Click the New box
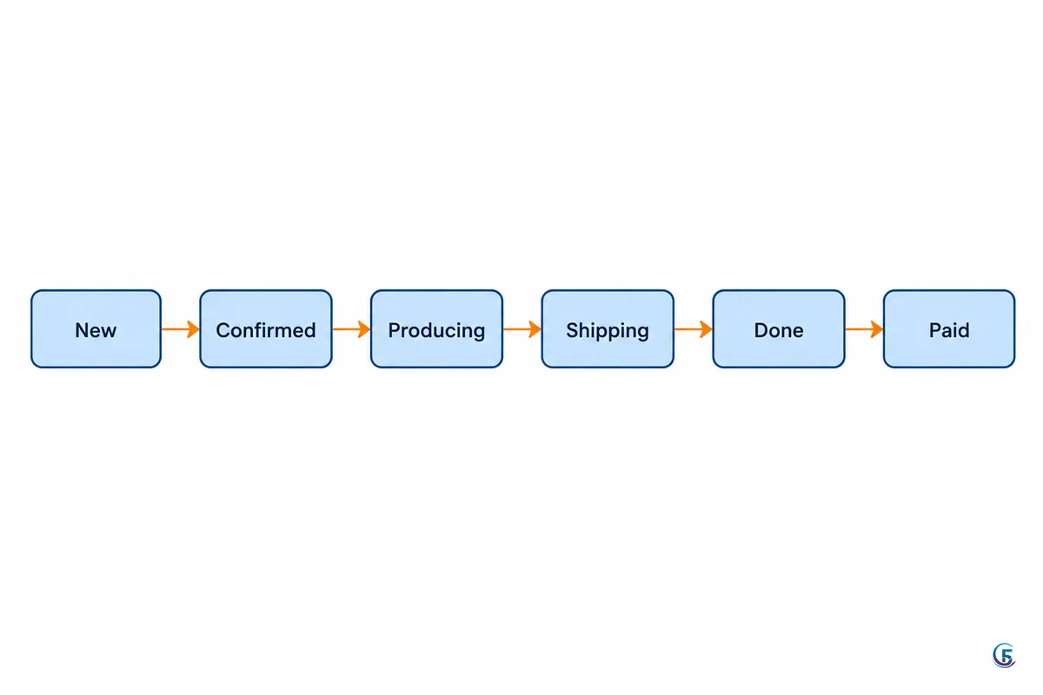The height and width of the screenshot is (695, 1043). [x=96, y=328]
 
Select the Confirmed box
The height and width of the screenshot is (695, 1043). [x=266, y=328]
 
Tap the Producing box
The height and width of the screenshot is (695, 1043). [x=436, y=328]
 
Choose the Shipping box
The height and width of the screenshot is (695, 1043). [x=608, y=328]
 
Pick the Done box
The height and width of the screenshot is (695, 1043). [x=779, y=328]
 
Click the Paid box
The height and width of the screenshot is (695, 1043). [x=949, y=328]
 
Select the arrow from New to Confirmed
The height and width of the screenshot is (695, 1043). [x=181, y=329]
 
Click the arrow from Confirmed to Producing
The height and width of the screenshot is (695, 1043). [x=351, y=329]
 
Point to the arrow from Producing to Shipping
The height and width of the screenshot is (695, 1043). [x=522, y=329]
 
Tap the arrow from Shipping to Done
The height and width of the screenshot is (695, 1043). [x=694, y=329]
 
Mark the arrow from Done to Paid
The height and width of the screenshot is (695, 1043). [x=864, y=329]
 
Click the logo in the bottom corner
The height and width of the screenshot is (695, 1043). [x=1004, y=655]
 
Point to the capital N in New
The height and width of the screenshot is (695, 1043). [x=82, y=330]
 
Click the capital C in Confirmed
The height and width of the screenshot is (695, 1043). [x=223, y=330]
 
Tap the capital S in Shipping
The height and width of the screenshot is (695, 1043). [x=573, y=330]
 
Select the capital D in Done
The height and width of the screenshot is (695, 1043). [x=761, y=330]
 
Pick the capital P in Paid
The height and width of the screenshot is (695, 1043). [x=935, y=330]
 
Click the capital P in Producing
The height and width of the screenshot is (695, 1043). [x=395, y=330]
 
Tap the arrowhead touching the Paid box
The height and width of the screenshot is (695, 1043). [x=877, y=329]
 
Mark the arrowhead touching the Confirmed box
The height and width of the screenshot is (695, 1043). [x=193, y=329]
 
